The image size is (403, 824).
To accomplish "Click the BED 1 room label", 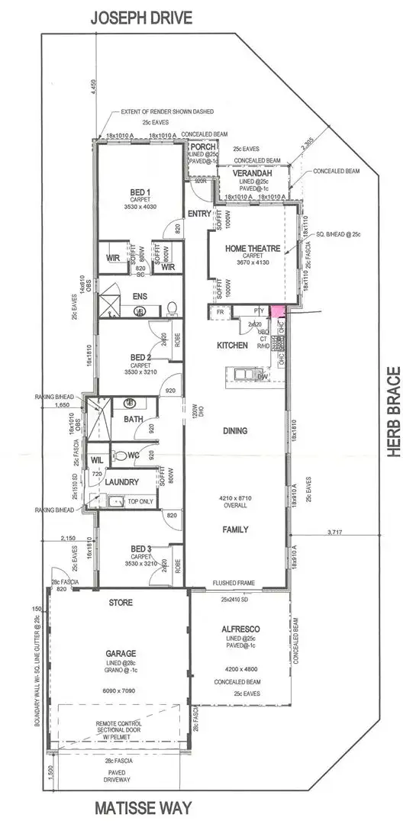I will tap(140, 192).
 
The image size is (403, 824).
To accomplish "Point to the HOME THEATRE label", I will tap(253, 249).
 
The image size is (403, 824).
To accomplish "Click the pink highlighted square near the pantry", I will tap(277, 311).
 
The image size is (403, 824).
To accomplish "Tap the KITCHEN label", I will tap(232, 346).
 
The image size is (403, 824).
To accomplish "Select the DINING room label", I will tap(234, 431).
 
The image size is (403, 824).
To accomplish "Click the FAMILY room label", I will tap(234, 529).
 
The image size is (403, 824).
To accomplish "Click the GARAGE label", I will tap(121, 653).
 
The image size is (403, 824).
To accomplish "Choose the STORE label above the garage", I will tap(121, 603).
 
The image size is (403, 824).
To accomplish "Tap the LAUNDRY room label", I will tap(122, 481).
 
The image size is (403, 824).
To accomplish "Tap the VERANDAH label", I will tap(252, 173).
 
